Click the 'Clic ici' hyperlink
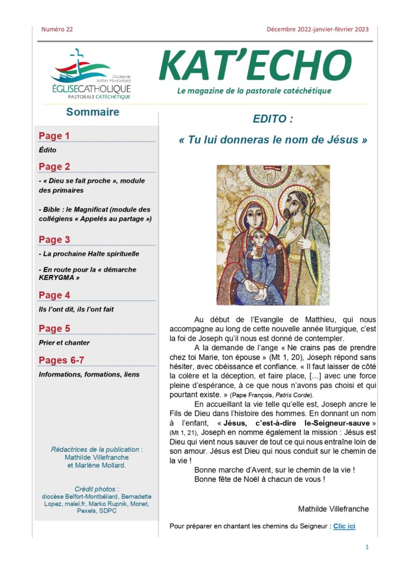tap(344, 526)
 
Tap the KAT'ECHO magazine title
tap(255, 66)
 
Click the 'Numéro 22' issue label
tap(57, 30)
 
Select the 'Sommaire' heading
tap(92, 112)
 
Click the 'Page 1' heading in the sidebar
tap(54, 136)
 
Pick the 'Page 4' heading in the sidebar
tap(54, 295)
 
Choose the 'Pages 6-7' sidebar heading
tap(61, 360)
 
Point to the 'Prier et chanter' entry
tap(64, 343)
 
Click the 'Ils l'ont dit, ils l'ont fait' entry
tap(76, 309)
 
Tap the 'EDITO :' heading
tap(273, 119)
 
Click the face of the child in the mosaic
tap(259, 238)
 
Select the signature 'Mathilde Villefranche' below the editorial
tap(333, 509)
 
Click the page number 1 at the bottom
tap(367, 547)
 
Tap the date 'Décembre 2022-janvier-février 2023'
tap(318, 30)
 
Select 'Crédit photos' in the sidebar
tap(96, 489)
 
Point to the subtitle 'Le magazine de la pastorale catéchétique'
tap(254, 91)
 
